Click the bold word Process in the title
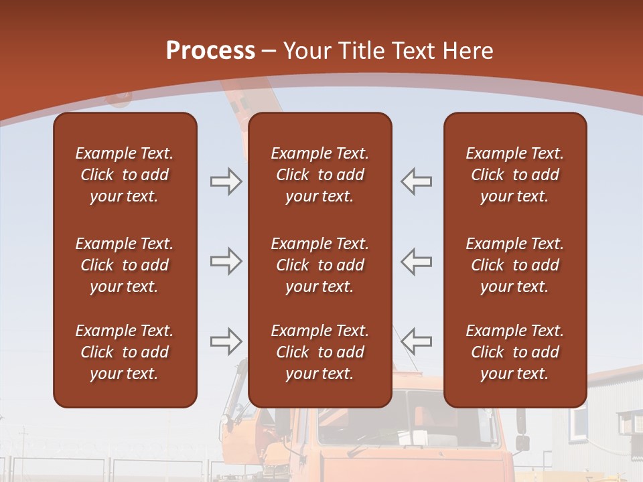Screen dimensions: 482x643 210,51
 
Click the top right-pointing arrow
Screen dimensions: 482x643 226,181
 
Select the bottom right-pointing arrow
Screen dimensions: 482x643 226,341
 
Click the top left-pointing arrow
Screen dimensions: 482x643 417,181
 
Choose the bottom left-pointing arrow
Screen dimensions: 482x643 417,341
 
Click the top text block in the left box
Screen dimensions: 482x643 125,175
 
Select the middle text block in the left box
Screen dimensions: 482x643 125,265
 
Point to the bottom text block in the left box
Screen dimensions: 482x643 125,352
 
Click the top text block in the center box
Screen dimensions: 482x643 319,175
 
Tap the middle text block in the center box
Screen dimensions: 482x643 319,265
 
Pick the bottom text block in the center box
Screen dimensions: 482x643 319,352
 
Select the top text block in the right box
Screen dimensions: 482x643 514,175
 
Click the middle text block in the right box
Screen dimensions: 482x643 514,265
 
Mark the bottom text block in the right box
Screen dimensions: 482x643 514,352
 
